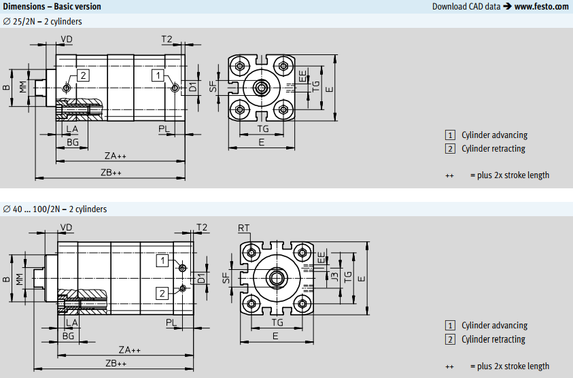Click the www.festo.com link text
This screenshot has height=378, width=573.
click(541, 7)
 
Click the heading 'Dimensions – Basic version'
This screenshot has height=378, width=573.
click(52, 7)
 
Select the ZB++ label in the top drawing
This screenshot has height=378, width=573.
click(111, 173)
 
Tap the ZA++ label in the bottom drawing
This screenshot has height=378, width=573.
click(129, 349)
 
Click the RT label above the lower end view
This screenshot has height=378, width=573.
click(244, 227)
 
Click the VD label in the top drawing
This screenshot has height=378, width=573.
click(67, 39)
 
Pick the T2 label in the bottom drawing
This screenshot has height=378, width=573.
click(202, 227)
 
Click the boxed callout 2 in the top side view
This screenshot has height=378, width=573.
click(82, 75)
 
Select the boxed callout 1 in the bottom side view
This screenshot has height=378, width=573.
click(162, 260)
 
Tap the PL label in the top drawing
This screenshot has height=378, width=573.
click(164, 128)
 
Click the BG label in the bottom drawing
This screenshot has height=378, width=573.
click(68, 336)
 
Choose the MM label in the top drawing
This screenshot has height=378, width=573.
click(23, 87)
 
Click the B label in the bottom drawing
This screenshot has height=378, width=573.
click(6, 279)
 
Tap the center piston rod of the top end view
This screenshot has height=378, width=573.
click(262, 88)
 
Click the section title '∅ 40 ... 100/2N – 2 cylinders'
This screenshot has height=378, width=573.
click(55, 209)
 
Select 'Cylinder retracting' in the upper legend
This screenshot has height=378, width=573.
click(493, 149)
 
